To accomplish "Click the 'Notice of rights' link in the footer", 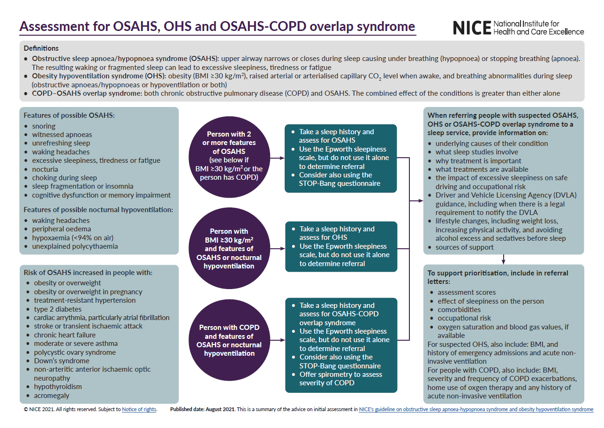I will (139, 410).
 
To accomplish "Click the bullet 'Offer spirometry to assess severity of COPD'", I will (340, 379).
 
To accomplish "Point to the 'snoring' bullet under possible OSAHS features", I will (44, 126).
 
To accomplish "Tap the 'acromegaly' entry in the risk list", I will (51, 396).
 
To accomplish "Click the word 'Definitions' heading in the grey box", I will (41, 48).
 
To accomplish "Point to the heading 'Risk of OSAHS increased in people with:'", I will (88, 273).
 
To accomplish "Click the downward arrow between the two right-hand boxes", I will (503, 259).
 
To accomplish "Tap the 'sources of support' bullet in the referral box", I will (464, 247).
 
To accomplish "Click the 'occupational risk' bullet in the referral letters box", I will (464, 318).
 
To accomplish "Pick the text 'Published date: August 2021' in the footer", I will (203, 410).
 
